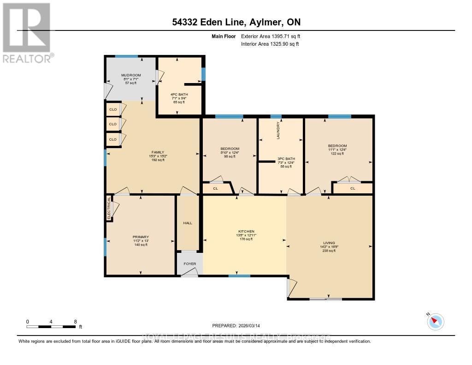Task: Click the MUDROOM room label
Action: (131, 75)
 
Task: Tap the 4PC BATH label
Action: (179, 94)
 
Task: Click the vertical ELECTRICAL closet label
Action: (109, 208)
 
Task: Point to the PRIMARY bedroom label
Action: (141, 237)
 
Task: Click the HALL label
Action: (188, 223)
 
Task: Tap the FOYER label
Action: (190, 264)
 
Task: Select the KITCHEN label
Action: (246, 231)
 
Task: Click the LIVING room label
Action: (329, 243)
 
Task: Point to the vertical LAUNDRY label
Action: (278, 131)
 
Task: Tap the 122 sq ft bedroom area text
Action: (338, 154)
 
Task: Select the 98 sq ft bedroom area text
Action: (230, 156)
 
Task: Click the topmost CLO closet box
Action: (112, 109)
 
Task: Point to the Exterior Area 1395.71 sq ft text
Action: (271, 36)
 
